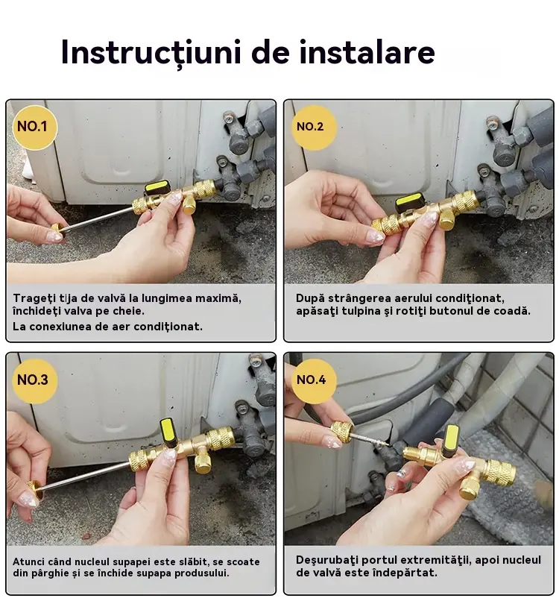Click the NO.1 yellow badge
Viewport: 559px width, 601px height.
pos(34,128)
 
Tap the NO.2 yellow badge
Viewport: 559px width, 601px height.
pos(314,128)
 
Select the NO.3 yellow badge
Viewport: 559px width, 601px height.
pos(35,381)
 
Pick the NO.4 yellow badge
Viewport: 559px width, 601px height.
pos(314,381)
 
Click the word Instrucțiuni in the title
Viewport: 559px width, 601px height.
pos(151,53)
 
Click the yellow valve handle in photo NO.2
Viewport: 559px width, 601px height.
pos(408,200)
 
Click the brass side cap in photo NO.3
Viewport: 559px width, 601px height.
pos(202,462)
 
